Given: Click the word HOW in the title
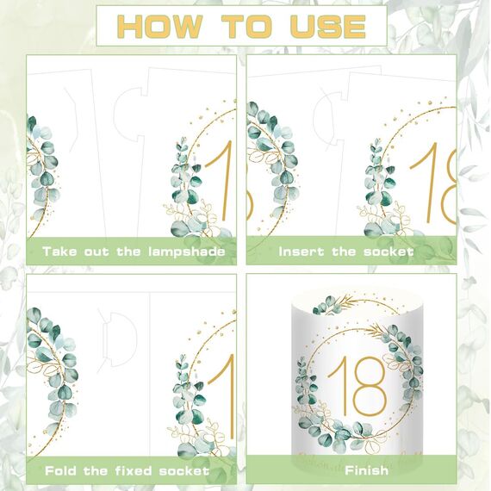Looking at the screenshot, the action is click(x=160, y=27).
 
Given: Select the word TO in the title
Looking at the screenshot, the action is click(x=245, y=27).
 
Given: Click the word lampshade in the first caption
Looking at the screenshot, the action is click(x=187, y=252).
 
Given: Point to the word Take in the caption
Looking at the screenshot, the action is click(x=59, y=252).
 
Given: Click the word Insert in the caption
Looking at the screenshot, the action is click(x=301, y=252).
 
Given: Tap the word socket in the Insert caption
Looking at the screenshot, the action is click(x=388, y=252).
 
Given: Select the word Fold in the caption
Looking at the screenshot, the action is click(x=60, y=470).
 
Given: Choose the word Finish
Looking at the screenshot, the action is click(x=366, y=470).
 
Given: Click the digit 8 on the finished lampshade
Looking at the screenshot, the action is click(x=370, y=386).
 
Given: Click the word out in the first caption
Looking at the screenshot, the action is click(x=96, y=252).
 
